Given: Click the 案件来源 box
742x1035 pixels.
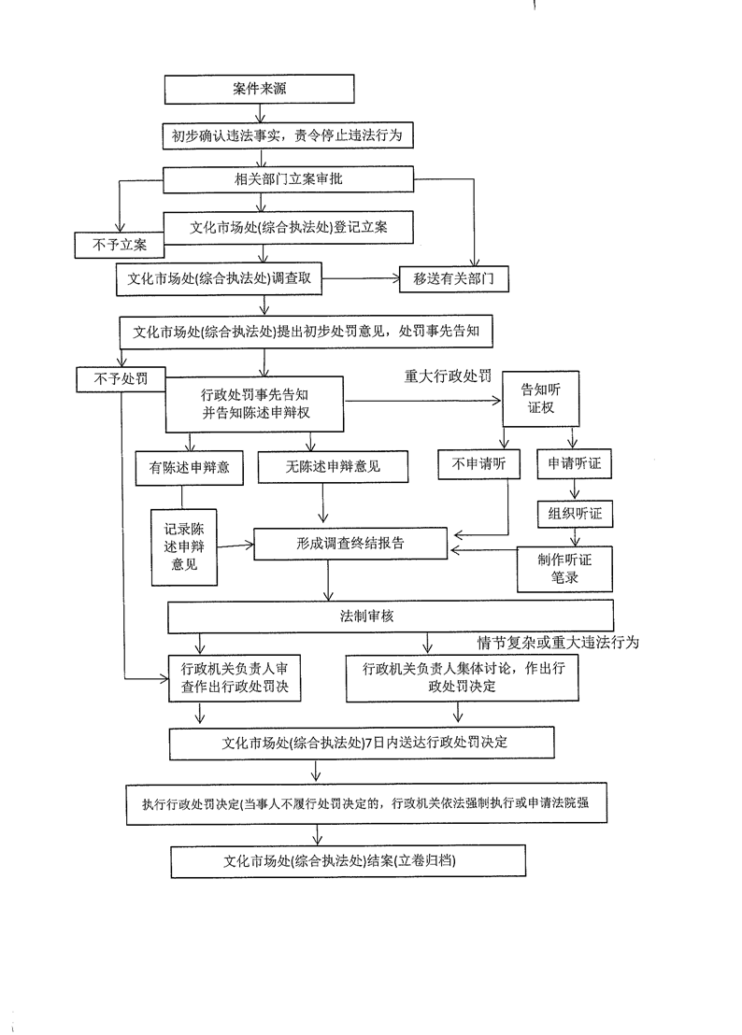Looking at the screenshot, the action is [x=259, y=89].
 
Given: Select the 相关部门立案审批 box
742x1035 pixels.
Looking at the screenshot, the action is [x=288, y=178].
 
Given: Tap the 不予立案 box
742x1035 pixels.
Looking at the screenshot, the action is [x=120, y=245].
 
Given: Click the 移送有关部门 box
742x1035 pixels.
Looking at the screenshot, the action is [x=453, y=278].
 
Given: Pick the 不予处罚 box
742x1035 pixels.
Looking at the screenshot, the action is [x=121, y=379].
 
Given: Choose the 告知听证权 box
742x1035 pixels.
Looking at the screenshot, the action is [x=541, y=399].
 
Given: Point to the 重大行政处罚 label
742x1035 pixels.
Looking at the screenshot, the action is [x=448, y=376].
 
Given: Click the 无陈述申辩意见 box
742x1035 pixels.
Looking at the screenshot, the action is [x=333, y=467].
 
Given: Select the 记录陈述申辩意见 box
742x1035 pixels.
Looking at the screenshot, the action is [x=184, y=547].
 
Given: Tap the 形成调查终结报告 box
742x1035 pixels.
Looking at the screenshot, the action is [x=350, y=544].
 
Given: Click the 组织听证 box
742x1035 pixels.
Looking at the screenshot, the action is [x=575, y=514].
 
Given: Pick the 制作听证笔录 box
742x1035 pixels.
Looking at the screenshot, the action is [x=564, y=568].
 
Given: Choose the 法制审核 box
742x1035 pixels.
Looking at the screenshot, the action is [x=390, y=617].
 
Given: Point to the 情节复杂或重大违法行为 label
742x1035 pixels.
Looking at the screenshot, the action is [x=558, y=643].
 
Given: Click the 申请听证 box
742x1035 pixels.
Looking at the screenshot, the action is [x=574, y=463].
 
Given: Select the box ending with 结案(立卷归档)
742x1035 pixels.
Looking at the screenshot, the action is [x=348, y=860].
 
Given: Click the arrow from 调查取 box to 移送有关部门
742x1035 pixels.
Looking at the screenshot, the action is [x=361, y=278].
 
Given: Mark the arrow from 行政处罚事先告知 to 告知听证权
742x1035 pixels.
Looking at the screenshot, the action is [x=423, y=400].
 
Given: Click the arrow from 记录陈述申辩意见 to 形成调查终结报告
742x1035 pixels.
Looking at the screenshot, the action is [x=235, y=546].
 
